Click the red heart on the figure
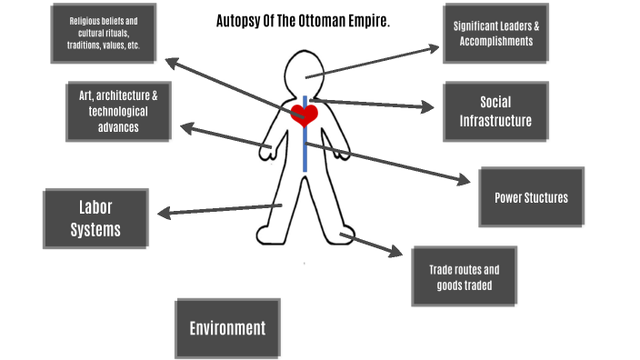(304, 115)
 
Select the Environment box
(227, 328)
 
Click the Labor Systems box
(95, 218)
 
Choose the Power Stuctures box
(531, 197)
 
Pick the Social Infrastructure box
(495, 111)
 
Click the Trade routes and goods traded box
(464, 276)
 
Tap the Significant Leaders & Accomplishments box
(495, 34)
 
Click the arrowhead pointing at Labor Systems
(165, 215)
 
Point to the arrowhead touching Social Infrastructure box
(428, 107)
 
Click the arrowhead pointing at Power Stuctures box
(468, 181)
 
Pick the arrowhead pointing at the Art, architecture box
(185, 128)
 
